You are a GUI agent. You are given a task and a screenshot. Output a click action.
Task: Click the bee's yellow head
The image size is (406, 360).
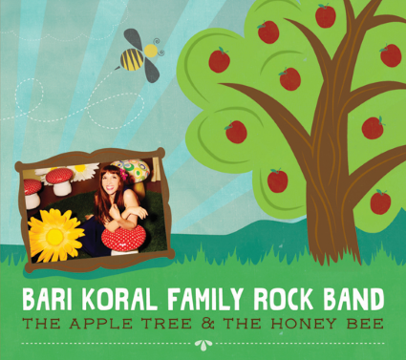pyautogui.click(x=151, y=51)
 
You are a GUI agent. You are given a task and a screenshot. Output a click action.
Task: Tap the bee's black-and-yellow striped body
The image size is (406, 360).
pyautogui.click(x=132, y=59)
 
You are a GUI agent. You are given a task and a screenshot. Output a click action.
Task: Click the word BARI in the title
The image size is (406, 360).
pyautogui.click(x=47, y=300)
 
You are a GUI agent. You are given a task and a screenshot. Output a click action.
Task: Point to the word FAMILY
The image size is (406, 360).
pyautogui.click(x=207, y=300)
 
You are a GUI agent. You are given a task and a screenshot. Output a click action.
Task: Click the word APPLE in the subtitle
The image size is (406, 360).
pyautogui.click(x=100, y=324)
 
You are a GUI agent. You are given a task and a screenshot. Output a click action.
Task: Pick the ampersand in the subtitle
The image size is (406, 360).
pyautogui.click(x=207, y=324)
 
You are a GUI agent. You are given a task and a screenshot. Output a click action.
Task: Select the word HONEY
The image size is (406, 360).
pyautogui.click(x=303, y=324)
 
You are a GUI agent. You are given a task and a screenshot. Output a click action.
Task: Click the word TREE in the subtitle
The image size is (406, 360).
pyautogui.click(x=167, y=324)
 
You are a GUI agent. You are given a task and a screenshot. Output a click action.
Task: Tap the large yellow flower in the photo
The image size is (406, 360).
pyautogui.click(x=55, y=235)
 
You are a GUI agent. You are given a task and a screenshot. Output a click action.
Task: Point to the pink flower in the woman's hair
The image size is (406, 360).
pyautogui.click(x=123, y=174)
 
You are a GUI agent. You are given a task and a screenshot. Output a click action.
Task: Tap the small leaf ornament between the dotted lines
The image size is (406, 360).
pyautogui.click(x=203, y=345)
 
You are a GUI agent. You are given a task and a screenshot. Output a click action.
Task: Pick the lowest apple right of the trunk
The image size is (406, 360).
pyautogui.click(x=380, y=201)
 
